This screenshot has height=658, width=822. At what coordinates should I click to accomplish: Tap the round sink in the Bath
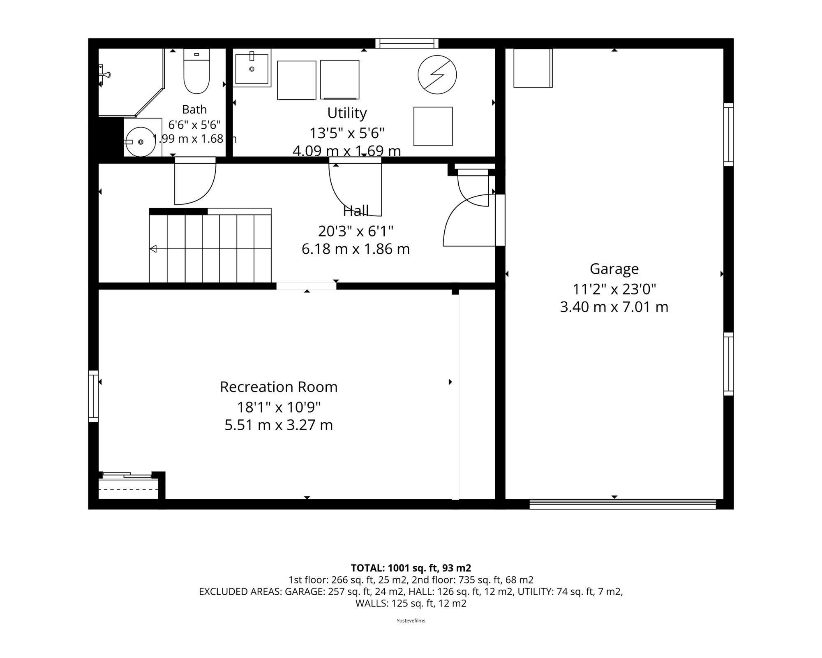[x=141, y=142]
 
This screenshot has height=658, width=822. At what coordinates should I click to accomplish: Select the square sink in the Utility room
[x=252, y=68]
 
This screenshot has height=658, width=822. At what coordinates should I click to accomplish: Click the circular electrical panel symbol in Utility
[x=437, y=75]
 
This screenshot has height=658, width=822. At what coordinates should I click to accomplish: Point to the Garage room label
[x=614, y=269]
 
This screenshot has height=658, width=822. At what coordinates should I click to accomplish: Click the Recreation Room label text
[x=279, y=387]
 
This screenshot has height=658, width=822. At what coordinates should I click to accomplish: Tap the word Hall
[x=356, y=211]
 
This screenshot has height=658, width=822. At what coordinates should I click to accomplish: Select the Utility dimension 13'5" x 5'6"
[x=347, y=133]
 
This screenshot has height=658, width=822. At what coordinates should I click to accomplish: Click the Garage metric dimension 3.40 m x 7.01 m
[x=614, y=307]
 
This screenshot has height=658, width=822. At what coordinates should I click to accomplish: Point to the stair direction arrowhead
[x=153, y=249]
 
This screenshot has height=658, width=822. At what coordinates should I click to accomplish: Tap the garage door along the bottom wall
[x=623, y=504]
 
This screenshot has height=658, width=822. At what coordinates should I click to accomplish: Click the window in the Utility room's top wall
[x=407, y=43]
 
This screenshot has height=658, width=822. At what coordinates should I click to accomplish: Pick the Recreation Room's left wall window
[x=94, y=396]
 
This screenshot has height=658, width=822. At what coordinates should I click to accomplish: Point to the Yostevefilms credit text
[x=411, y=621]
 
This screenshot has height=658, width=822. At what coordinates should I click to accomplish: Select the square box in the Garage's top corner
[x=533, y=68]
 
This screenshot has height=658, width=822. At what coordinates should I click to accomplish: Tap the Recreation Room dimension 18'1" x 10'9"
[x=279, y=407]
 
